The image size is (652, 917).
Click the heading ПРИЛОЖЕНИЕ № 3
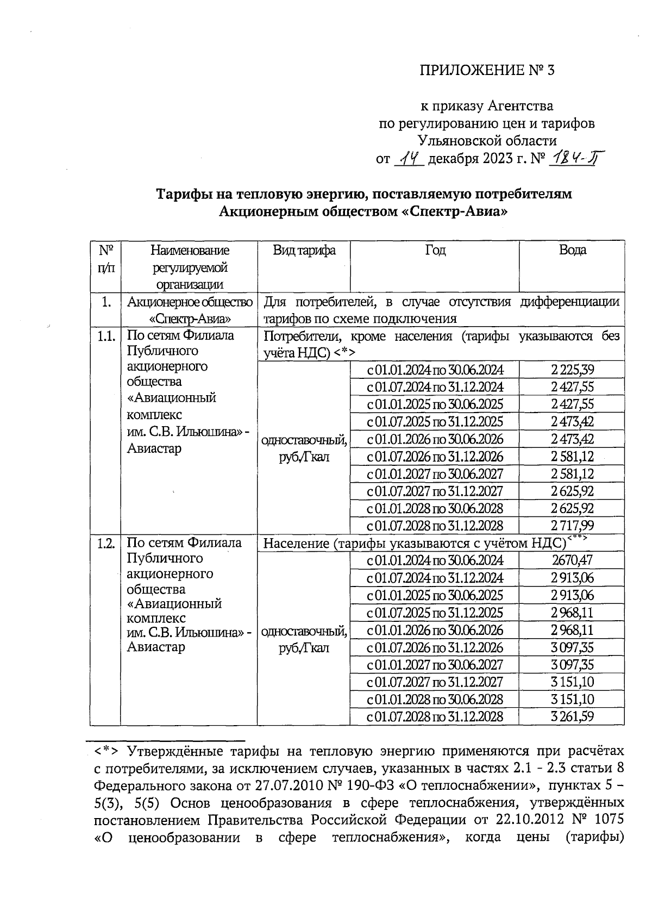[x=487, y=70]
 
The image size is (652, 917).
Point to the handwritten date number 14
[x=409, y=159]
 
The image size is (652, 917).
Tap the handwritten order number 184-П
[x=575, y=159]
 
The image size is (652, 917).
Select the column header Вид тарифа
[x=304, y=250]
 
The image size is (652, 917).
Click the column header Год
[x=435, y=250]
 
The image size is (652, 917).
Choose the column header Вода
[x=572, y=250]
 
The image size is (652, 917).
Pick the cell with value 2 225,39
[x=572, y=370]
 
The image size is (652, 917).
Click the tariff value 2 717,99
[x=572, y=526]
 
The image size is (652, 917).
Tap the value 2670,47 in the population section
[x=572, y=560]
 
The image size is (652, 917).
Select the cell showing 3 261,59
[x=572, y=716]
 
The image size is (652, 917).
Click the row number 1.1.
[x=105, y=336]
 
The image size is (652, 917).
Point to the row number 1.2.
[x=105, y=544]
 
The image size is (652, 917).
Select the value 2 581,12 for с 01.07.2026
[x=572, y=457]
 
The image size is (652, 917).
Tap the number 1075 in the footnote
[x=606, y=819]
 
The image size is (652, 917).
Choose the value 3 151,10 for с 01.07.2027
[x=572, y=682]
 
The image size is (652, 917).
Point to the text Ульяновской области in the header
[x=487, y=141]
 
